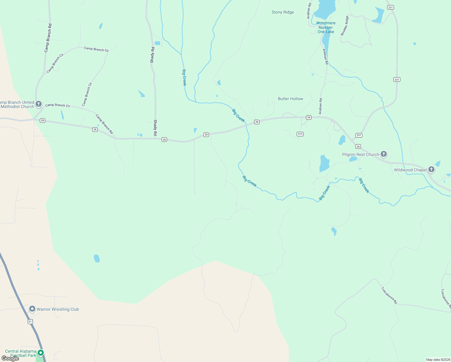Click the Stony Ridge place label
point(282,12)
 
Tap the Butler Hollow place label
point(290,99)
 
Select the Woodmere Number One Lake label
point(326,27)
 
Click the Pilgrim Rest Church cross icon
point(383,154)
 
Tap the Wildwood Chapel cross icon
point(431,169)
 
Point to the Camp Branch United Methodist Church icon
point(38,104)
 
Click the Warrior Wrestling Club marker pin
point(32,309)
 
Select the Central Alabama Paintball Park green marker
point(41,352)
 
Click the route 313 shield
point(300,134)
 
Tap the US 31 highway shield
point(30,322)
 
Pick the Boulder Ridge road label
point(345,26)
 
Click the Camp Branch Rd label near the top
point(48,38)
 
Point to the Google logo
point(10,358)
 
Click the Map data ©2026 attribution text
point(438,360)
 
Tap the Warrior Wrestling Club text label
point(58,309)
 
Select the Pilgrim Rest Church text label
point(361,154)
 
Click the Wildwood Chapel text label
point(410,170)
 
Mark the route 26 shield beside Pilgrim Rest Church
point(358,147)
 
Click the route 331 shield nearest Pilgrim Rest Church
point(358,135)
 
